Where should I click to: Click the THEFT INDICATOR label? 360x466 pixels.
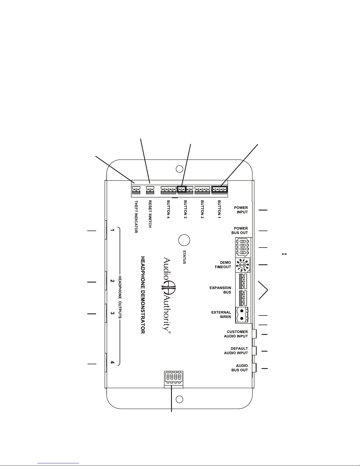tap(136, 217)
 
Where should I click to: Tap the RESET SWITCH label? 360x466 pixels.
tap(150, 214)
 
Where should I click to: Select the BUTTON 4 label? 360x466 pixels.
tap(168, 210)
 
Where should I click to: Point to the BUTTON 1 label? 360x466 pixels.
tap(219, 210)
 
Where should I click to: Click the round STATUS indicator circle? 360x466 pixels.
tap(184, 240)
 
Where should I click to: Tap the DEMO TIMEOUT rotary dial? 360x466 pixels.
tap(242, 265)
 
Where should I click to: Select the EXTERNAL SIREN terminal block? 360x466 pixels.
tap(243, 315)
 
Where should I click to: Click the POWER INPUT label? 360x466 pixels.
tap(241, 210)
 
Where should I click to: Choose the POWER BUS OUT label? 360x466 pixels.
tap(240, 231)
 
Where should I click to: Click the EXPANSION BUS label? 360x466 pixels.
tap(220, 290)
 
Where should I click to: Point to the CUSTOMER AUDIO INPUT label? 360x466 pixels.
tap(236, 334)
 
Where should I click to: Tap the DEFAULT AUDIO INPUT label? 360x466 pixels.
tap(236, 351)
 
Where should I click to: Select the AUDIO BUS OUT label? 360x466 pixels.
tap(240, 368)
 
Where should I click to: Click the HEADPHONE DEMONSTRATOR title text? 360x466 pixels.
tap(143, 295)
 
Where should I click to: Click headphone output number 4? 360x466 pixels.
tap(112, 363)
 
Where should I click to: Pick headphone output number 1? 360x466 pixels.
tap(112, 230)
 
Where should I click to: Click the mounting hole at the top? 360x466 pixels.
tap(179, 169)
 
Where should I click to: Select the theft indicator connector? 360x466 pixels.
tap(136, 190)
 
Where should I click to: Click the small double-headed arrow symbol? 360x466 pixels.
tap(284, 254)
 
